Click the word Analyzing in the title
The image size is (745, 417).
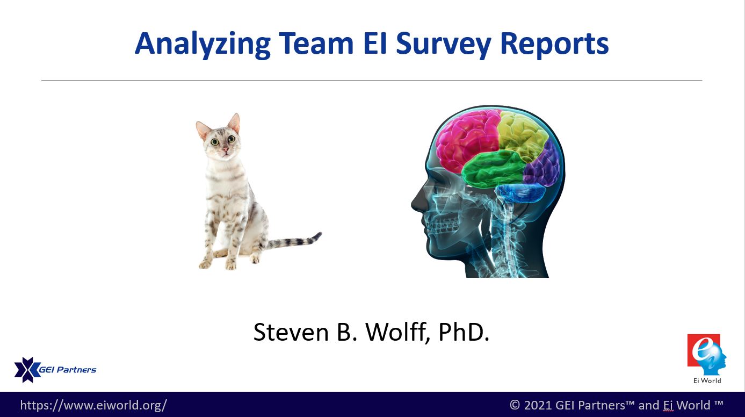[x=202, y=45]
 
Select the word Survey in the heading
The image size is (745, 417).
[x=444, y=45]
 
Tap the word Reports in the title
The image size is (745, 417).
[x=554, y=45]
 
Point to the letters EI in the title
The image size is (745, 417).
[x=375, y=43]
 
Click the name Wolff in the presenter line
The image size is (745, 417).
[x=396, y=332]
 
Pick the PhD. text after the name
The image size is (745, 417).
[x=464, y=332]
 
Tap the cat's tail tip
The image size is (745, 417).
[x=320, y=234]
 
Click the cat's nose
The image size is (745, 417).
[x=226, y=149]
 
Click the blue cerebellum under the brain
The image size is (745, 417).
[x=520, y=193]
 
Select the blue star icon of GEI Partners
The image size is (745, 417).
[x=27, y=370]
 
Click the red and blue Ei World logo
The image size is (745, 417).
[x=706, y=355]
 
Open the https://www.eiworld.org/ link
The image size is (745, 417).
[x=93, y=405]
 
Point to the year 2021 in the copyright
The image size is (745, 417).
[x=537, y=405]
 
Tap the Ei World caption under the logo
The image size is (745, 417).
[x=707, y=380]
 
